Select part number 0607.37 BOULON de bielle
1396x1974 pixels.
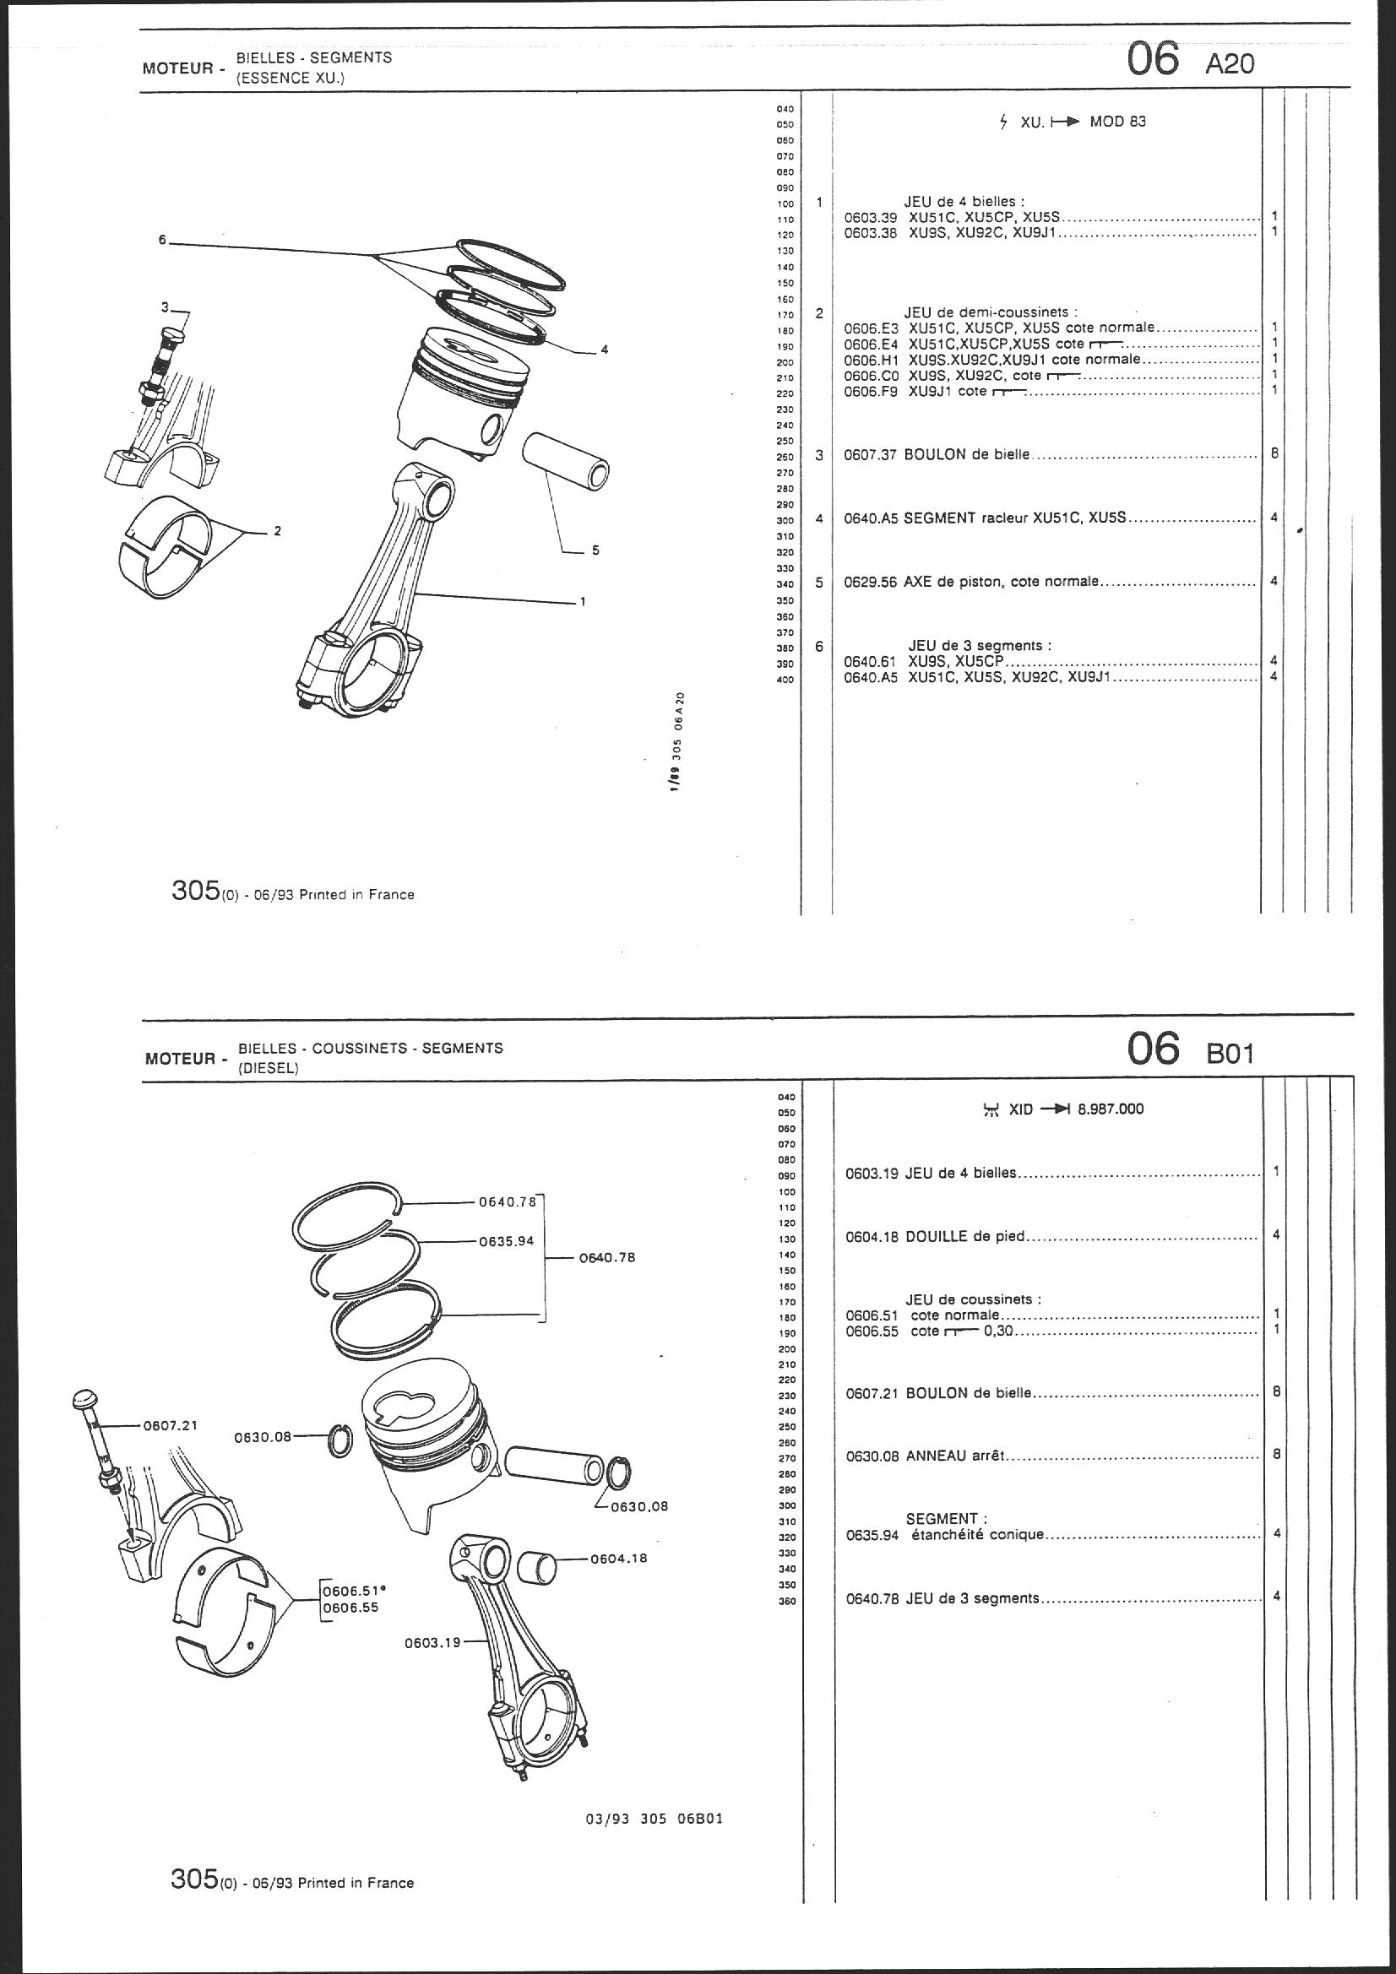pos(871,454)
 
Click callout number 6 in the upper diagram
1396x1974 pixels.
pos(161,240)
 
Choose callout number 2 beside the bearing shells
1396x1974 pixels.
pos(277,531)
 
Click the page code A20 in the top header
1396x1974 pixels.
pos(1230,63)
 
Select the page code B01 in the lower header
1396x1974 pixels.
pos(1230,1053)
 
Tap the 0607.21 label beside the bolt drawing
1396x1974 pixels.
pos(171,1424)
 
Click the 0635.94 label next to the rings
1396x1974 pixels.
pos(507,1240)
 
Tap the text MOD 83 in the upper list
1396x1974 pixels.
pos(1118,122)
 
